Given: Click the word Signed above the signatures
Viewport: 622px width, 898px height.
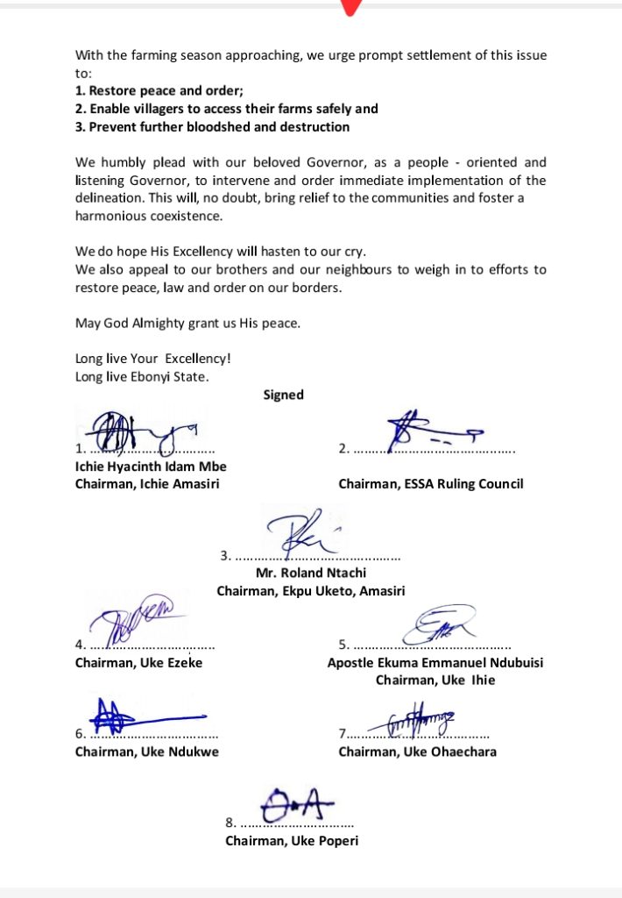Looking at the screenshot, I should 283,395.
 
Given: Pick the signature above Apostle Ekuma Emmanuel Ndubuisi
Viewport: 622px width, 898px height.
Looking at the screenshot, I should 438,624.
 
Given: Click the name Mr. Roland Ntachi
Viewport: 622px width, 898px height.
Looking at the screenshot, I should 310,574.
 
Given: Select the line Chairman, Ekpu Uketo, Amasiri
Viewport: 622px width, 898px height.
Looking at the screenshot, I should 310,592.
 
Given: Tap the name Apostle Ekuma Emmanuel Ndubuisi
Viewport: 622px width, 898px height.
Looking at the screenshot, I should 435,663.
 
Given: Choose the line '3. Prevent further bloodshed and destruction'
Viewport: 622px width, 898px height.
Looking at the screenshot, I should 212,127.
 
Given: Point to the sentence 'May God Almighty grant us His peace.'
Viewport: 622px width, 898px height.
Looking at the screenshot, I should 187,324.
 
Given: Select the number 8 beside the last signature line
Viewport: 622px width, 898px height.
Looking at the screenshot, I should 230,823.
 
